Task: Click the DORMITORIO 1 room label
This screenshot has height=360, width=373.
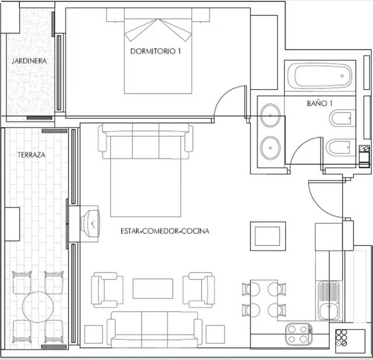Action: [156, 51]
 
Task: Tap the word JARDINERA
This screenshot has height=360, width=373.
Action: [29, 61]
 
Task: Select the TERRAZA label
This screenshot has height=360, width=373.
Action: [31, 156]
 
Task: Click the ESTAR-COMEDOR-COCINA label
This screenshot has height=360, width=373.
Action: [165, 231]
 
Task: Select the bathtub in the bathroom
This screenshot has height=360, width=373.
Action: [320, 76]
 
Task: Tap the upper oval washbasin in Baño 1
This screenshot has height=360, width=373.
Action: [270, 115]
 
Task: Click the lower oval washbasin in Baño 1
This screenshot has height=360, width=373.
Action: [270, 147]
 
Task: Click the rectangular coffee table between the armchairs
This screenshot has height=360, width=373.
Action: [153, 288]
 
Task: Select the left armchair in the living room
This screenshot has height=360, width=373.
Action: [107, 290]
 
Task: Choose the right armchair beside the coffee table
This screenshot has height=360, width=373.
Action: [199, 290]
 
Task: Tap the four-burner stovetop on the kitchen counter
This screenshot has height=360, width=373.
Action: [298, 334]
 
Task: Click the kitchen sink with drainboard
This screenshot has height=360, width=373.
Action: [329, 301]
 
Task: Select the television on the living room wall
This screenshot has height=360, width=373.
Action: [90, 221]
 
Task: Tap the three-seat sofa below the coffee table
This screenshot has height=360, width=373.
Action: [154, 329]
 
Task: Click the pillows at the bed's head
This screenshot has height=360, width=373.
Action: [158, 29]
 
